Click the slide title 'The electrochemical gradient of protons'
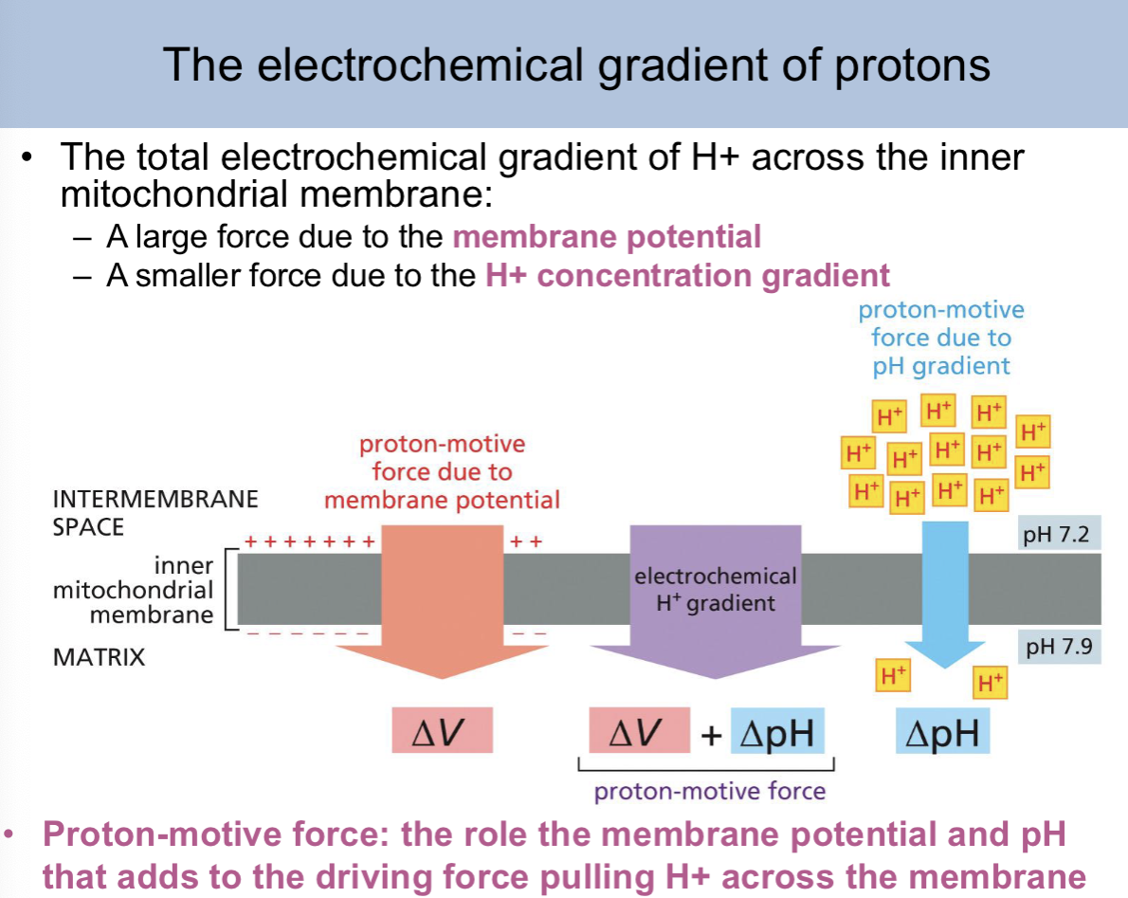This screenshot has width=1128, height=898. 576,64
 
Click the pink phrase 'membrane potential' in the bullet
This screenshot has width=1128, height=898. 607,236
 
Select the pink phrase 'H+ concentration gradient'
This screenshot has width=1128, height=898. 687,275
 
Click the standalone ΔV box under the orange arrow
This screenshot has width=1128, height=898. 443,731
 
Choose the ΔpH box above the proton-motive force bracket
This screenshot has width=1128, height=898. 777,732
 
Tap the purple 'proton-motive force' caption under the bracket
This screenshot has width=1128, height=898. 710,790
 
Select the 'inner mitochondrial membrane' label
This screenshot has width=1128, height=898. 133,590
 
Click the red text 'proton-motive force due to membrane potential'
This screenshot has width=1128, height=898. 442,471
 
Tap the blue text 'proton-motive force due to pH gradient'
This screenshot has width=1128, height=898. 941,338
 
